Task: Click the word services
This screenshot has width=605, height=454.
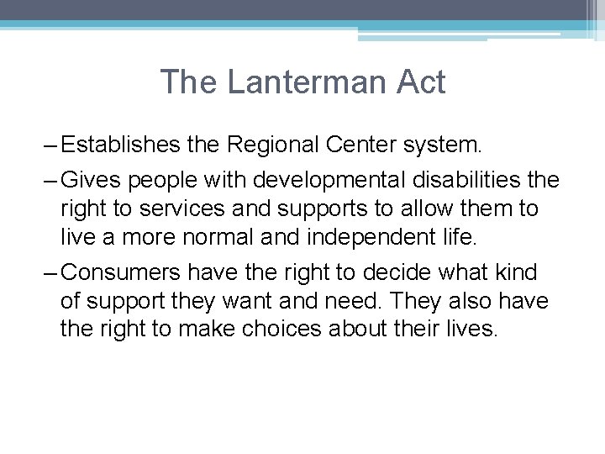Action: (168, 209)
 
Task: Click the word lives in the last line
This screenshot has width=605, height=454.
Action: (469, 328)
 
